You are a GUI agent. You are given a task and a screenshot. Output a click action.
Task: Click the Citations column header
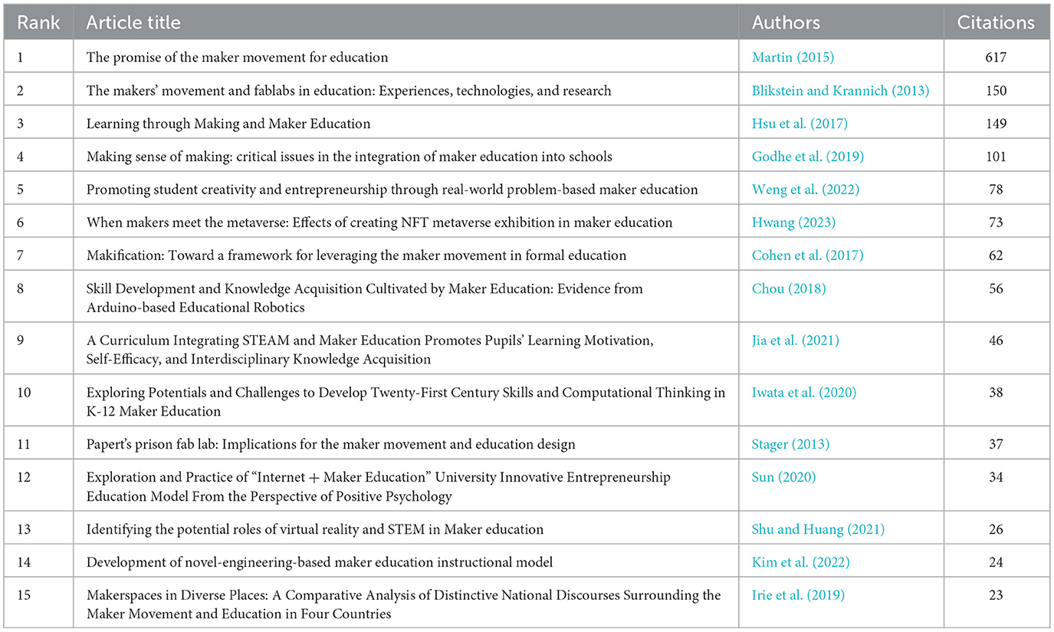pyautogui.click(x=996, y=22)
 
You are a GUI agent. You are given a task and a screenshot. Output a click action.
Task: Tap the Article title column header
pyautogui.click(x=133, y=22)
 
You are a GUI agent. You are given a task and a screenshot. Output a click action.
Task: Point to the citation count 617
pyautogui.click(x=996, y=58)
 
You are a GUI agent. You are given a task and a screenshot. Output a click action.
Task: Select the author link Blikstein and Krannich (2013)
pyautogui.click(x=840, y=91)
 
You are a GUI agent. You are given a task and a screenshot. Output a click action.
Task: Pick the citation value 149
pyautogui.click(x=996, y=123)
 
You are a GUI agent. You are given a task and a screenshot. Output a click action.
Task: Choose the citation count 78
pyautogui.click(x=996, y=189)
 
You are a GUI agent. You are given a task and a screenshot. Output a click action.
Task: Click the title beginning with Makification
pyautogui.click(x=356, y=255)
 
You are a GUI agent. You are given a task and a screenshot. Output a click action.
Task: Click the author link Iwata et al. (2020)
pyautogui.click(x=803, y=393)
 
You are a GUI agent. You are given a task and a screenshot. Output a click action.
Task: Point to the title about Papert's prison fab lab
pyautogui.click(x=330, y=444)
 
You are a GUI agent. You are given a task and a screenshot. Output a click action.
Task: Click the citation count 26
pyautogui.click(x=996, y=529)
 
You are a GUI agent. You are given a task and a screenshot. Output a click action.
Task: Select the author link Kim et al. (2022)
pyautogui.click(x=800, y=562)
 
